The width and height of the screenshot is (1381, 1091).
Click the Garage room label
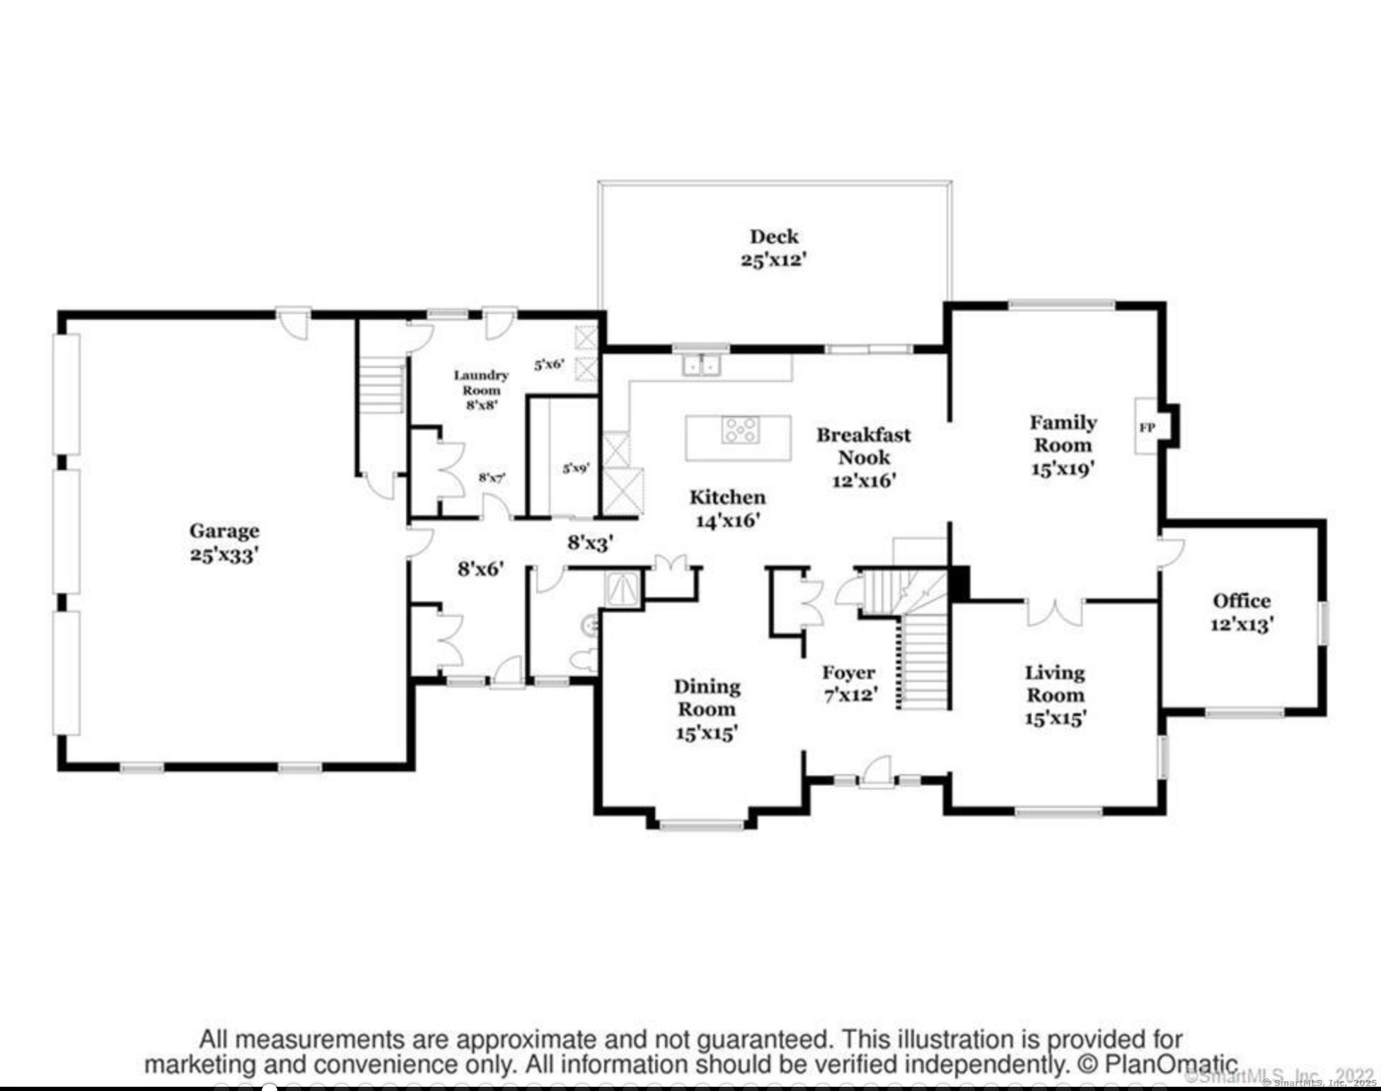coord(224,531)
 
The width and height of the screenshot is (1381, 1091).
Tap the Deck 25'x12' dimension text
coord(774,260)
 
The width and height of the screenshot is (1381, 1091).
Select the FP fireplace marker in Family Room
coord(1147,427)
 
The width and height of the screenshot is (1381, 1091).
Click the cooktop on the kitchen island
coord(740,429)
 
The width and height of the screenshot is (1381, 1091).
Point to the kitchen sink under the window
coord(700,366)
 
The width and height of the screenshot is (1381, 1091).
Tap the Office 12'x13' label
coord(1242,613)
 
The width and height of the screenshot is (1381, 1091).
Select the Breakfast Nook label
coord(864,446)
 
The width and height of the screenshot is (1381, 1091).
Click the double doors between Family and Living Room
coord(1054,613)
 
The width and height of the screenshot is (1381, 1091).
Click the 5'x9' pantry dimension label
coord(576,468)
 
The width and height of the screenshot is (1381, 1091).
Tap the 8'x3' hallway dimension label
coord(590,543)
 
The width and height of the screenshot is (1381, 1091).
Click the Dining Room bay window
coord(701,824)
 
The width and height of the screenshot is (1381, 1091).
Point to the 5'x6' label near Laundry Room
coord(549,365)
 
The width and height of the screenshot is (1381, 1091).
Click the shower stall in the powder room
coord(623,589)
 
